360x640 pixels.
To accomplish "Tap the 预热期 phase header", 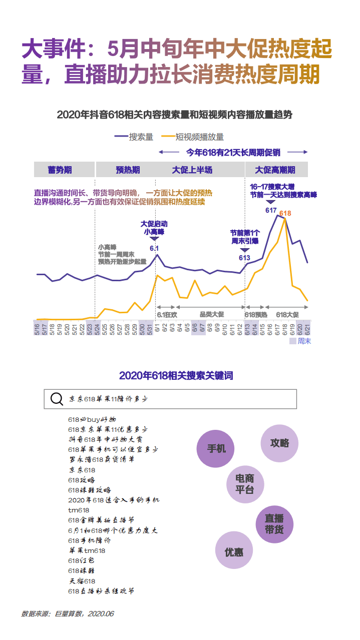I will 128,170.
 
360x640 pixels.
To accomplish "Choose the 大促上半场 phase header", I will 192,170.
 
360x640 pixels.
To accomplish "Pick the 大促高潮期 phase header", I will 275,170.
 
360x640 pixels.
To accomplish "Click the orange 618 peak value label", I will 285,214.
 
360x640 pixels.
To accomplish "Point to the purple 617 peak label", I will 271,210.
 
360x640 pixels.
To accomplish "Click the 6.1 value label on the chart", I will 154,248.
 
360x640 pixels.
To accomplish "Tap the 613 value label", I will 244,258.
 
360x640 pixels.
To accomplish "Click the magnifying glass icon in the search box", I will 57,399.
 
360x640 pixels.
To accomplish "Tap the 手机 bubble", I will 216,448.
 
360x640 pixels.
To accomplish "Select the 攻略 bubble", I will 279,443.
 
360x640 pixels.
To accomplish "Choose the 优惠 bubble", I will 234,552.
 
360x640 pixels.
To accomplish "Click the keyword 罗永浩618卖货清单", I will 101,459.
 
